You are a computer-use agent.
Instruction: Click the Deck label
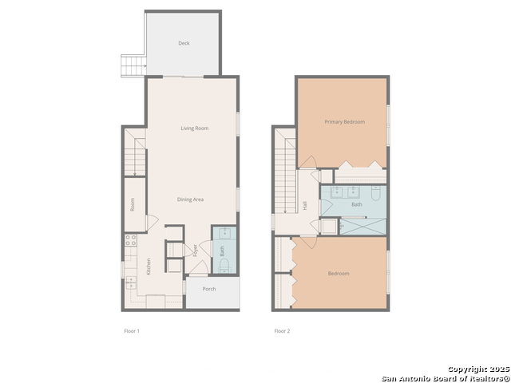point(184,43)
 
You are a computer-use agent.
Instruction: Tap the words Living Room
point(194,128)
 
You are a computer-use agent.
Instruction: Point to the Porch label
point(209,289)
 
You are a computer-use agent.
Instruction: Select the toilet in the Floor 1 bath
point(224,263)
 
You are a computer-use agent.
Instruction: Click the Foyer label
point(194,250)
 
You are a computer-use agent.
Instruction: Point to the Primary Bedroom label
point(344,122)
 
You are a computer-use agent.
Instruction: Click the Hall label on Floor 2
point(305,206)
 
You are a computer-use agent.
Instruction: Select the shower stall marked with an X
point(363,226)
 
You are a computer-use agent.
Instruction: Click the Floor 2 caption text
point(282,330)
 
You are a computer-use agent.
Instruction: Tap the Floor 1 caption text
point(132,330)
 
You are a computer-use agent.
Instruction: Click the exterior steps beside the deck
point(133,65)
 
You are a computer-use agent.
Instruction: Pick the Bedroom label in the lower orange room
point(339,274)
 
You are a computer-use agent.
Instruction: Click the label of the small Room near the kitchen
point(133,205)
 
